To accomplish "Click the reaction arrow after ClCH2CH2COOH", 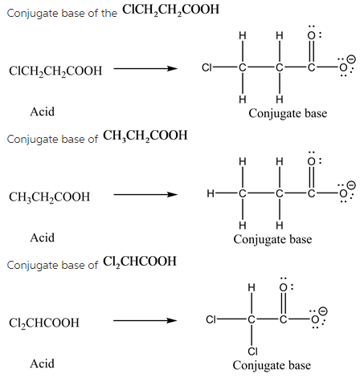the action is [x=145, y=69].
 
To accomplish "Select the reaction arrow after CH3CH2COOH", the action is [x=145, y=194].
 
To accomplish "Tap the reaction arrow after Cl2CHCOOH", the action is [x=145, y=320].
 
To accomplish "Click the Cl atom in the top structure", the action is [x=207, y=67].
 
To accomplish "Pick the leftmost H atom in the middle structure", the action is [x=211, y=193].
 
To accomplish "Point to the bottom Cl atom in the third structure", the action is [x=252, y=351].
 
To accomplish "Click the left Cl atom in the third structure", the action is [x=211, y=319].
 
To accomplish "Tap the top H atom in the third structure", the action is [x=252, y=287].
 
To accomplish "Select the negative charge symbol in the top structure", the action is [x=351, y=59].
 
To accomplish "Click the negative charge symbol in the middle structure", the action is [x=351, y=185].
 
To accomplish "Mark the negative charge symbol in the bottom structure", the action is [x=324, y=311].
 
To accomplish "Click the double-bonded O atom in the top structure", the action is [x=311, y=35].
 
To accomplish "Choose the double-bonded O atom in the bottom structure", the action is [x=284, y=287].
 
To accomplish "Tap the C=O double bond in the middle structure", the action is [x=311, y=177].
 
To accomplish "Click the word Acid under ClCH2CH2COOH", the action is [x=43, y=112].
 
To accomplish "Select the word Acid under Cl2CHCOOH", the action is [x=43, y=364].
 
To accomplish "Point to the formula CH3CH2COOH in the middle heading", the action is [x=145, y=136].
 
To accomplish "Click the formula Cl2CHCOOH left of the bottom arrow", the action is [x=44, y=323].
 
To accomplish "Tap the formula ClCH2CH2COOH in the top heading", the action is [x=170, y=10].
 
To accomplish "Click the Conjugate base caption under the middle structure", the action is [x=272, y=239].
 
